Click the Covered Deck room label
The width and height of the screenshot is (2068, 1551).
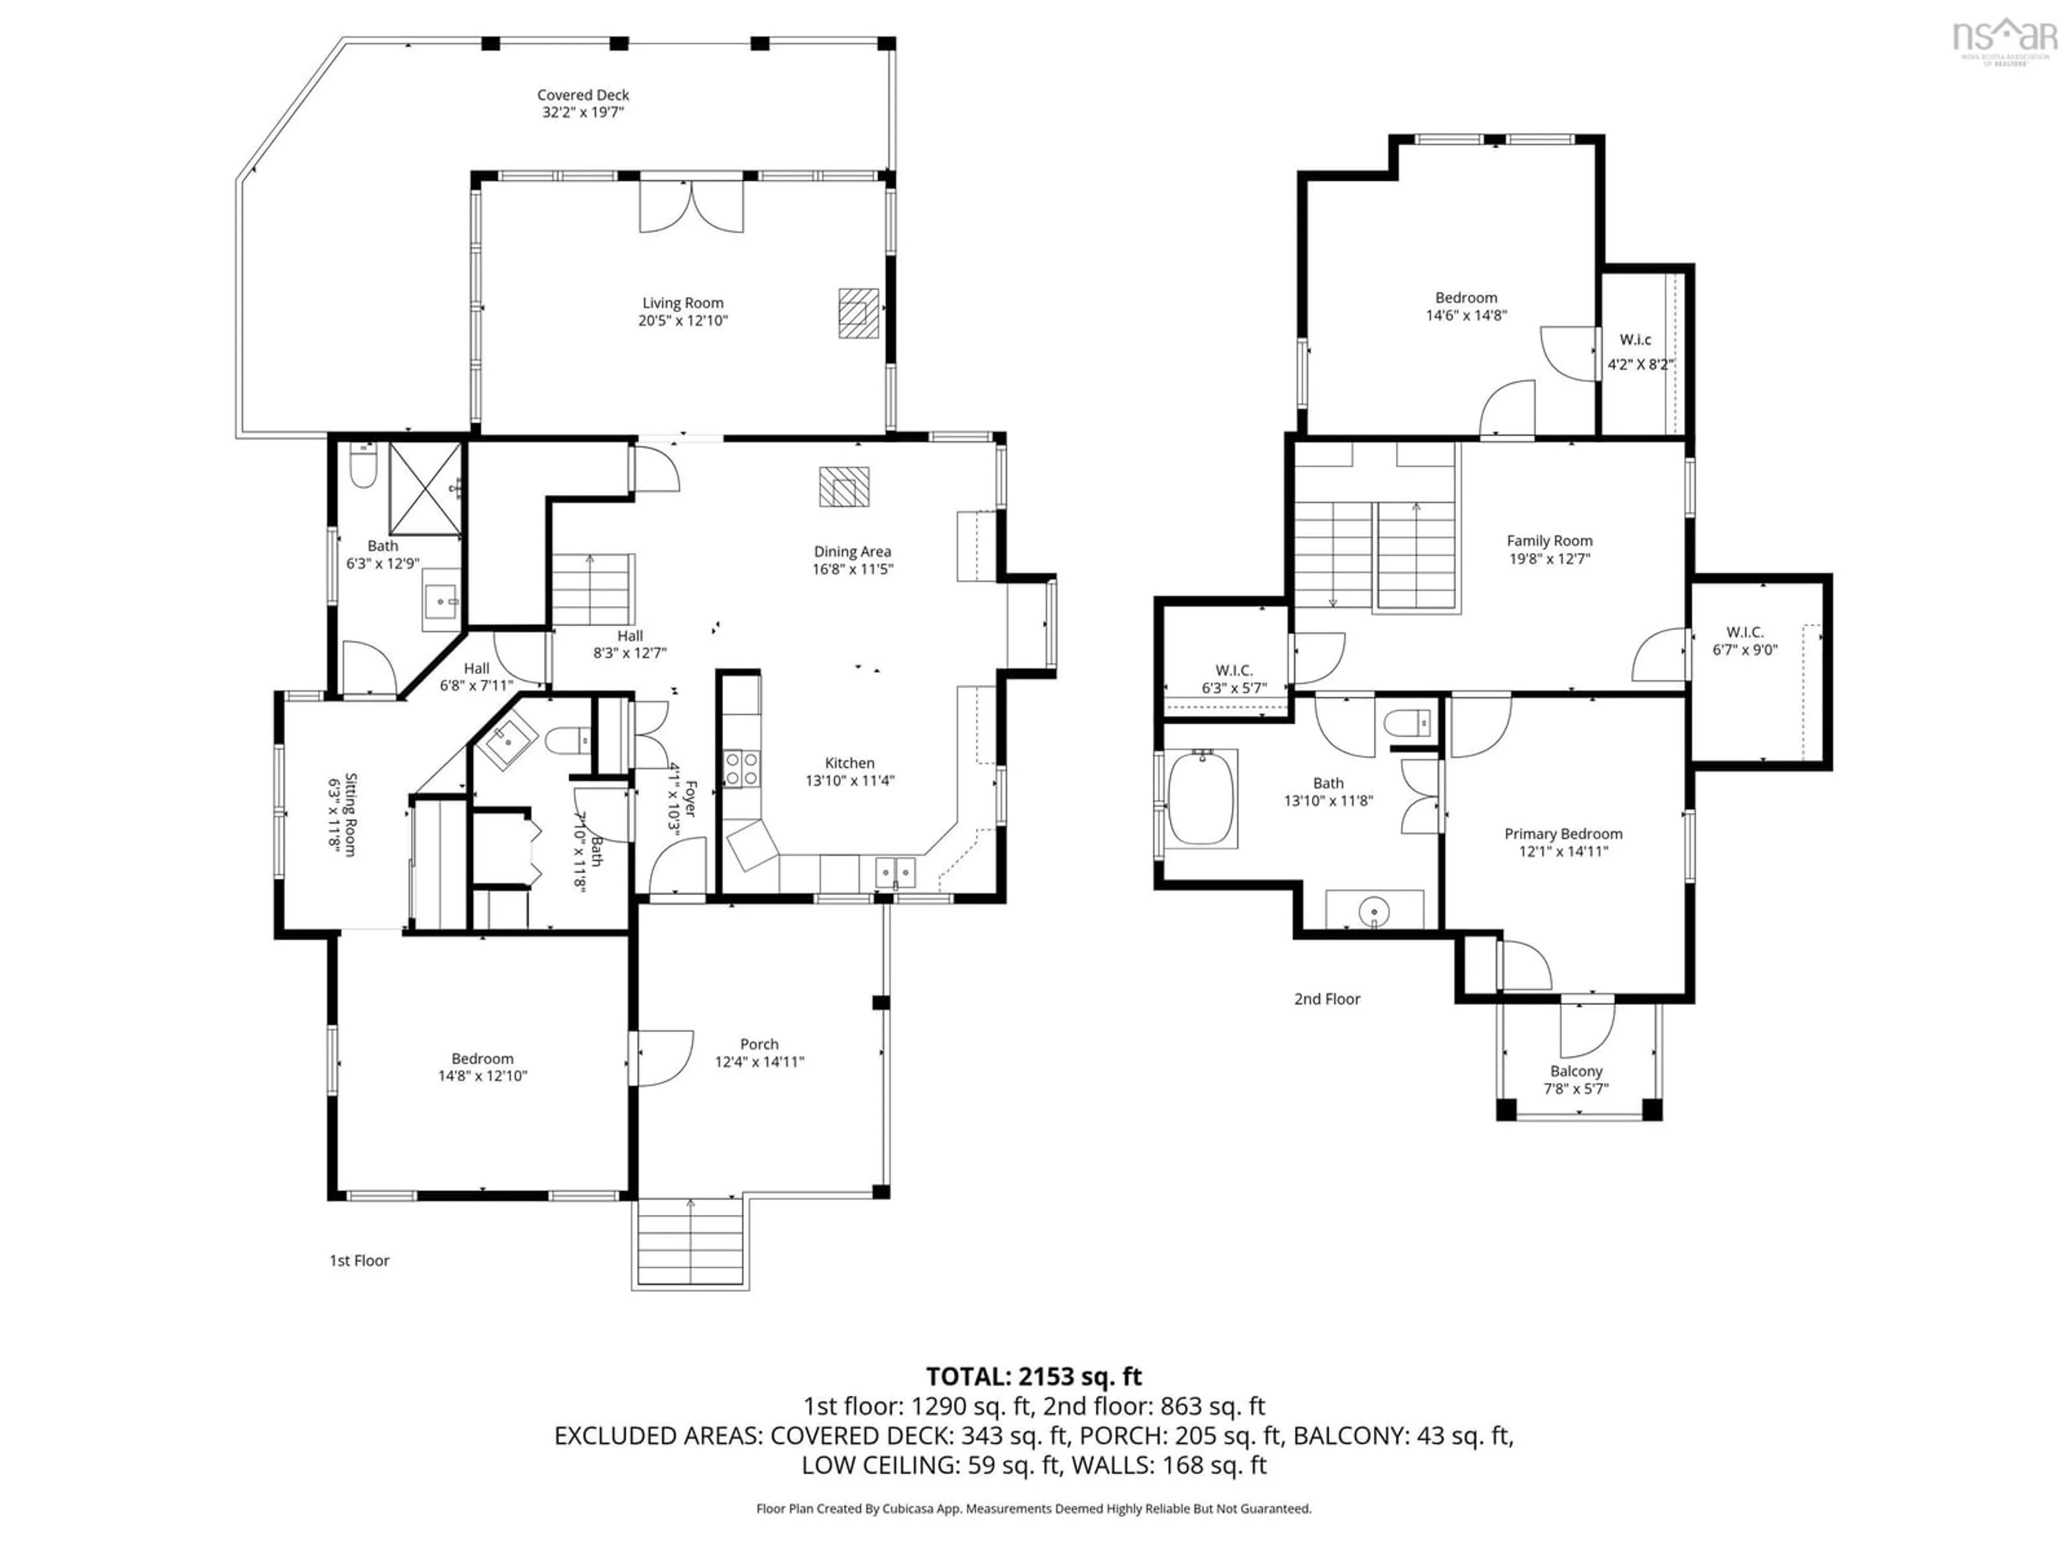[x=583, y=94]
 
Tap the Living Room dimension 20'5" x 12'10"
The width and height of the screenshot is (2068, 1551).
[x=682, y=320]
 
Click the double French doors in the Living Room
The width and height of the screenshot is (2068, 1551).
[x=691, y=207]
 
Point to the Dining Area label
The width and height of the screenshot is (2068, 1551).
[x=851, y=551]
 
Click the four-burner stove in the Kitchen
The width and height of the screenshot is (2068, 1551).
[x=742, y=768]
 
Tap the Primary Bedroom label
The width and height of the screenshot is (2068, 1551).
[x=1563, y=834]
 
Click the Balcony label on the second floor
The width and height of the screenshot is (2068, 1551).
[x=1576, y=1071]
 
